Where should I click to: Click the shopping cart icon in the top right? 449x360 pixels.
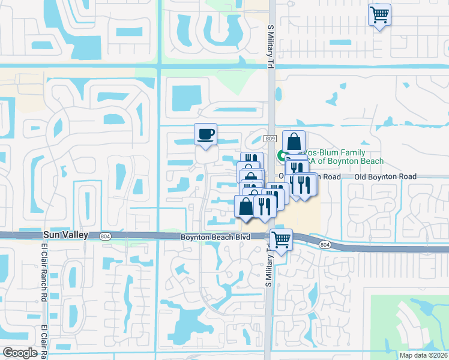pos(379,14)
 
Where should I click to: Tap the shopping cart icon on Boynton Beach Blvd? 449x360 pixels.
pos(281,239)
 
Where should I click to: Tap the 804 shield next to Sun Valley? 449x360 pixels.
pos(106,236)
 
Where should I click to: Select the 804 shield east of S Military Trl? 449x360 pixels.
pos(325,245)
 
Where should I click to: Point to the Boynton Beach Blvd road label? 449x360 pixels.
pos(215,238)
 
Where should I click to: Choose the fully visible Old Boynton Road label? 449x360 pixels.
pos(385,176)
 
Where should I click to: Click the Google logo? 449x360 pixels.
pos(20,353)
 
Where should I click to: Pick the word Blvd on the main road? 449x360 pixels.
pos(242,238)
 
